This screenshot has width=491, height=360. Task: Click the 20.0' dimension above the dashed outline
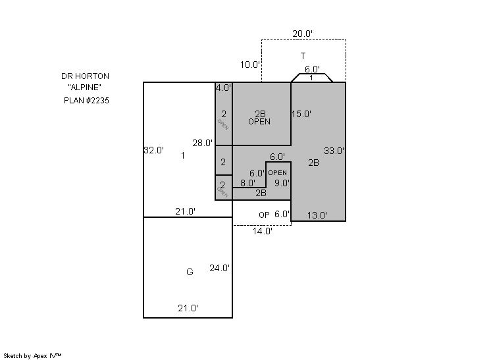[x=303, y=34]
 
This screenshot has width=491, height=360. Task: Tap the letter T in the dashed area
[x=303, y=56]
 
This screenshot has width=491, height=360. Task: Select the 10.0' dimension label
[x=250, y=64]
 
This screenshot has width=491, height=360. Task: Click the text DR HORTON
[x=85, y=76]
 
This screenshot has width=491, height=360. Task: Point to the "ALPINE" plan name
[x=84, y=88]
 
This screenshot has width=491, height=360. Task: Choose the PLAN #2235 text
[x=86, y=101]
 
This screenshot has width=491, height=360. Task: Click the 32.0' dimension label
[x=154, y=150]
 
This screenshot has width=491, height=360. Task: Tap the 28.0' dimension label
[x=203, y=143]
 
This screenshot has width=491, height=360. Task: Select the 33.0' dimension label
[x=334, y=151]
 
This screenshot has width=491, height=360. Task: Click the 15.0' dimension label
[x=301, y=114]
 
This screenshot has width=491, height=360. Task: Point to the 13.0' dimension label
[x=317, y=215]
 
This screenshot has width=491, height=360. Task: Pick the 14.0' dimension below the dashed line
[x=263, y=232]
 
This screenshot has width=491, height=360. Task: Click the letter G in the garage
[x=190, y=272]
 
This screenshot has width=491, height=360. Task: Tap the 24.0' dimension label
[x=220, y=268]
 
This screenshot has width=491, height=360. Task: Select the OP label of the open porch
[x=264, y=215]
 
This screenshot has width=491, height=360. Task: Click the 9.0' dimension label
[x=282, y=183]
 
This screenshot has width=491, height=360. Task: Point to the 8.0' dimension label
[x=247, y=183]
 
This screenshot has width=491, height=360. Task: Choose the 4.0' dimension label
[x=223, y=88]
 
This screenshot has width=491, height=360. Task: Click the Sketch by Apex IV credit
[x=32, y=356]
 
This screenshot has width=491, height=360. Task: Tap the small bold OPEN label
[x=278, y=173]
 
